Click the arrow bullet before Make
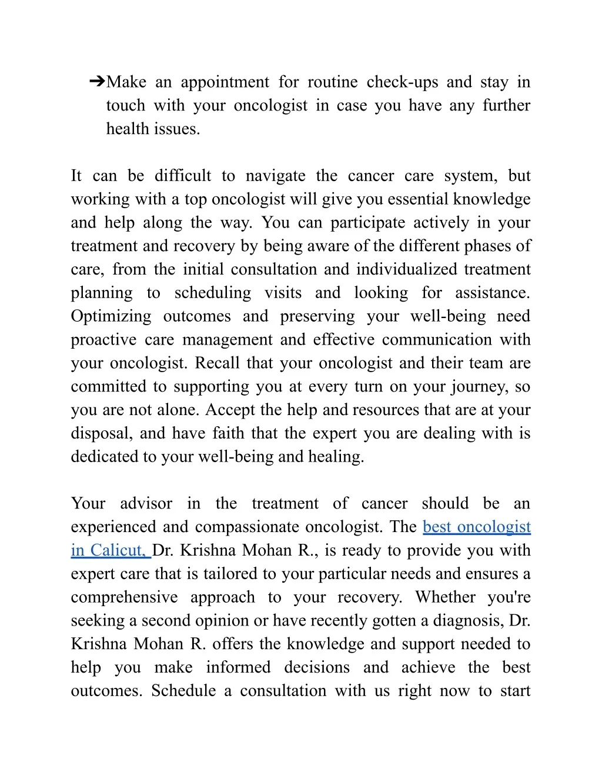tap(97, 81)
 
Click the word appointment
tap(225, 82)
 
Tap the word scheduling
tap(212, 293)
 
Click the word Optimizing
tap(111, 316)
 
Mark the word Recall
tap(217, 363)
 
